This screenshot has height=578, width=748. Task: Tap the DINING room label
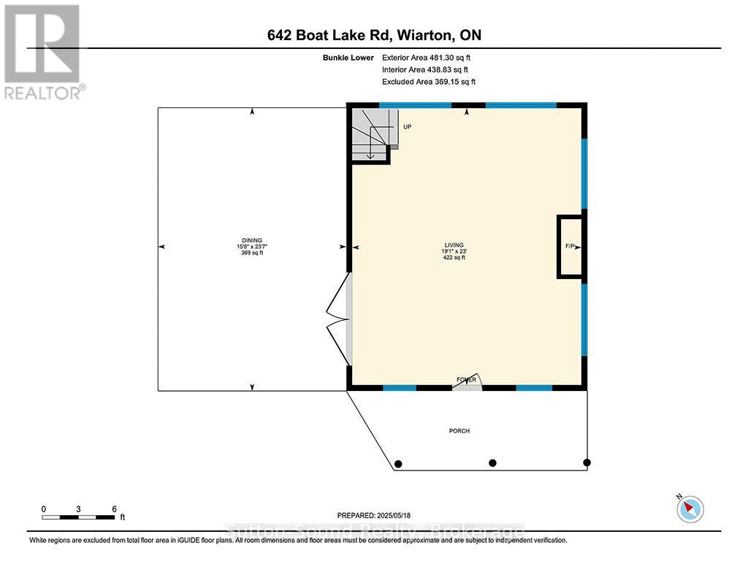pyautogui.click(x=252, y=240)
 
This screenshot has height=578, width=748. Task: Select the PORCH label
pyautogui.click(x=459, y=431)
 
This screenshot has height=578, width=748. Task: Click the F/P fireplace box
pyautogui.click(x=570, y=247)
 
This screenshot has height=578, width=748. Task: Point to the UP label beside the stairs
pyautogui.click(x=407, y=127)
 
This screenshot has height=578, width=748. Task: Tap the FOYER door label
pyautogui.click(x=467, y=379)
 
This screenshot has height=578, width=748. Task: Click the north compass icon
pyautogui.click(x=690, y=507)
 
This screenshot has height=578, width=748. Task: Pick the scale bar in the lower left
pyautogui.click(x=78, y=517)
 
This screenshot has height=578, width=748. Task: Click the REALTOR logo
pyautogui.click(x=43, y=52)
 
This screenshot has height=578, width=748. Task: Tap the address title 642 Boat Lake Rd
pyautogui.click(x=374, y=35)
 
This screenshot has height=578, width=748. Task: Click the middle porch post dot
pyautogui.click(x=492, y=463)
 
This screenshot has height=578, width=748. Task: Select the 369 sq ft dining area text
pyautogui.click(x=252, y=254)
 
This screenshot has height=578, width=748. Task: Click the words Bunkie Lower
pyautogui.click(x=351, y=57)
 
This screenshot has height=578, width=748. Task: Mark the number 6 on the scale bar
pyautogui.click(x=114, y=509)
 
